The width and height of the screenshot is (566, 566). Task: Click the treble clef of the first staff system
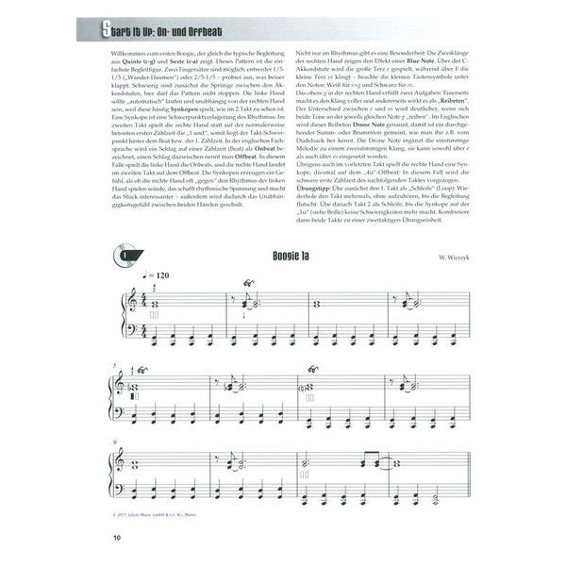(128, 300)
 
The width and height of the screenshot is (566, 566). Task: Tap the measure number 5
(114, 365)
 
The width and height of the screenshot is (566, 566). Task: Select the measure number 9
(114, 441)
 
